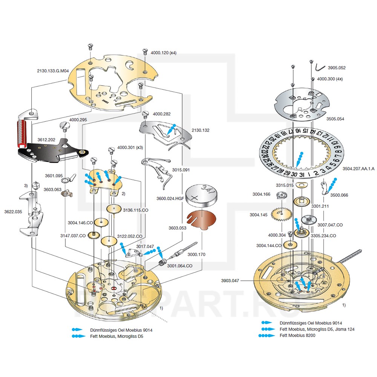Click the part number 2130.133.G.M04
tap(53, 70)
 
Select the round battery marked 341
tap(202, 196)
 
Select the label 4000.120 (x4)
tap(163, 53)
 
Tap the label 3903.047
tap(231, 281)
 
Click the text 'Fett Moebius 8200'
tap(297, 335)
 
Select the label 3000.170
tap(197, 254)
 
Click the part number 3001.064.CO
tap(180, 266)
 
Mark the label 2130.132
tap(200, 130)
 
